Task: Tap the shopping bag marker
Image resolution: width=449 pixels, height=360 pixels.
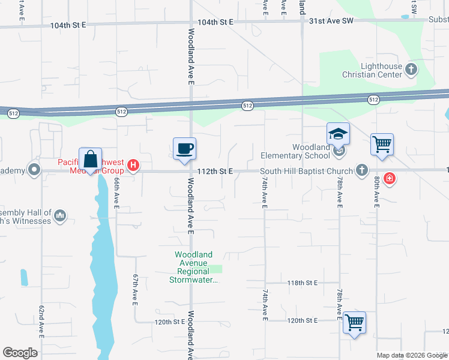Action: click(x=90, y=160)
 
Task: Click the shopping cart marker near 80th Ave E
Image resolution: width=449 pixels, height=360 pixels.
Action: click(x=382, y=145)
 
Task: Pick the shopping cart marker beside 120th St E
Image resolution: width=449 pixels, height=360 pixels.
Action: click(x=354, y=323)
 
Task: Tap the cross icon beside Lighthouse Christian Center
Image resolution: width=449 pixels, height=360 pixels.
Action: click(x=411, y=70)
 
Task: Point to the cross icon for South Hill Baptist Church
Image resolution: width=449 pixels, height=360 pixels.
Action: click(x=361, y=170)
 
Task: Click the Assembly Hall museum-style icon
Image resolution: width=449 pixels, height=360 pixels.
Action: click(x=60, y=215)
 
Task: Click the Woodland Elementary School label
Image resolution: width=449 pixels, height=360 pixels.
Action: click(x=311, y=151)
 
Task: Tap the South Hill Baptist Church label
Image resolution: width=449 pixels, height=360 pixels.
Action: click(x=307, y=171)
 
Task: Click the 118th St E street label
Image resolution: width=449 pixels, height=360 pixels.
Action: click(x=302, y=283)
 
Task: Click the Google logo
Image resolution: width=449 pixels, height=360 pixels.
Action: click(x=20, y=353)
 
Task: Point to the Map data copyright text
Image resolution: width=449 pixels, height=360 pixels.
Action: click(x=411, y=355)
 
